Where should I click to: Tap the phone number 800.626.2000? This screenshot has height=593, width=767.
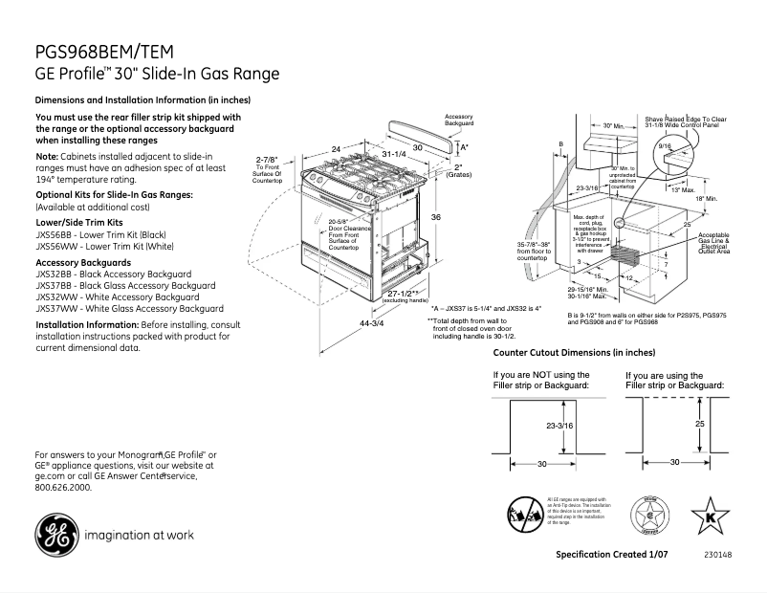62,487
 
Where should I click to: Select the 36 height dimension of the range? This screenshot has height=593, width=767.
435,218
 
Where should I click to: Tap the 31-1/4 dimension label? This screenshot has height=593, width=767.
393,153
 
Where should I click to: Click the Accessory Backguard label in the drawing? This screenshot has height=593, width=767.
459,121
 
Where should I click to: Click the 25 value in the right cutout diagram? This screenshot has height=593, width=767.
699,422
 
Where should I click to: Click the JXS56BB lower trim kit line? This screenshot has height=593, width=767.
104,233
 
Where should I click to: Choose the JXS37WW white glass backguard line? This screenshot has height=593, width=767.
129,308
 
